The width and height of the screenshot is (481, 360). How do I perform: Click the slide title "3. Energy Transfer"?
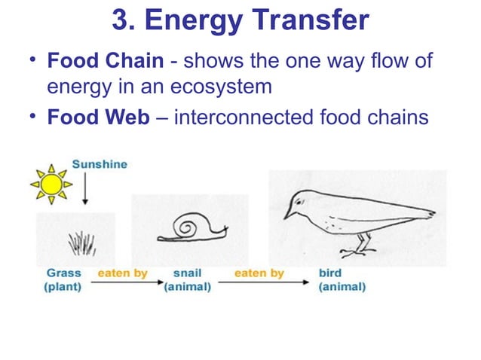(240, 20)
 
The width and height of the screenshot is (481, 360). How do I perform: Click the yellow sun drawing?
(52, 184)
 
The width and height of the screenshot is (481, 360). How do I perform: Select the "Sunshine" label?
(100, 163)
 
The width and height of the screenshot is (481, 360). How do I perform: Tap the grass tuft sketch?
(82, 243)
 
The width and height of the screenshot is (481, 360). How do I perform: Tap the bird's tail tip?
(431, 212)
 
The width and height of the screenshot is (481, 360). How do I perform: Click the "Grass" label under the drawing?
(63, 273)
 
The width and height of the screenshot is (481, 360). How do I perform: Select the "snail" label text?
(187, 273)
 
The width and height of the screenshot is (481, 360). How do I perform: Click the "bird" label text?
(330, 273)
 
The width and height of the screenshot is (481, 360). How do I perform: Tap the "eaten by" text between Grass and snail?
(122, 273)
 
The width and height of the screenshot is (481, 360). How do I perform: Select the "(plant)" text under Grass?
(63, 287)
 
